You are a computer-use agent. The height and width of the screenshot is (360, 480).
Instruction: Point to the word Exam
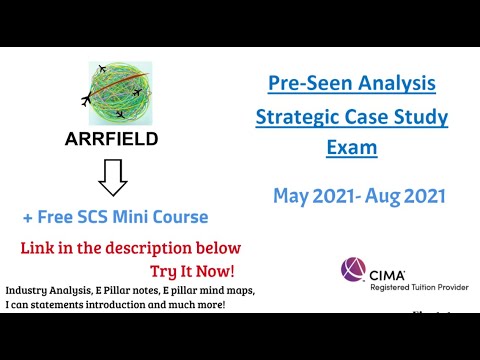351,150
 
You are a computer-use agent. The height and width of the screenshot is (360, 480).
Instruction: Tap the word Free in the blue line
63,218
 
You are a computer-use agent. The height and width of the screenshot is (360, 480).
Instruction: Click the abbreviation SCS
106,218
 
